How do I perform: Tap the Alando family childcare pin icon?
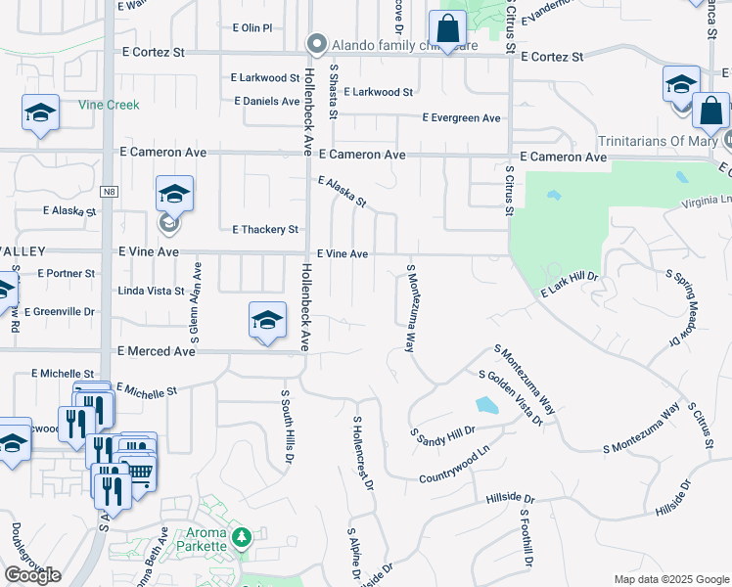coord(316,44)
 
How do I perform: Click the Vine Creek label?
coord(109,105)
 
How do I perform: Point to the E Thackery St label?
coord(264,230)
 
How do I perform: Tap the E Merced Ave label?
coord(157,351)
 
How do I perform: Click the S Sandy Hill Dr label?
coord(442,431)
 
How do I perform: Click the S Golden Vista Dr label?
coord(510,397)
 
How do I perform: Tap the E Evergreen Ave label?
coord(461,118)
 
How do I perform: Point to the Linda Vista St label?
coord(151,292)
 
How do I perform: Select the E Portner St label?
coord(67,274)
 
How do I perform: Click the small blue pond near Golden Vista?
coord(485,405)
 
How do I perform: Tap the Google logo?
coord(32,575)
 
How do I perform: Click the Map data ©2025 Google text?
coord(670,579)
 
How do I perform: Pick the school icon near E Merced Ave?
coord(267,320)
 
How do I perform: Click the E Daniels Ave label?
coord(267,102)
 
